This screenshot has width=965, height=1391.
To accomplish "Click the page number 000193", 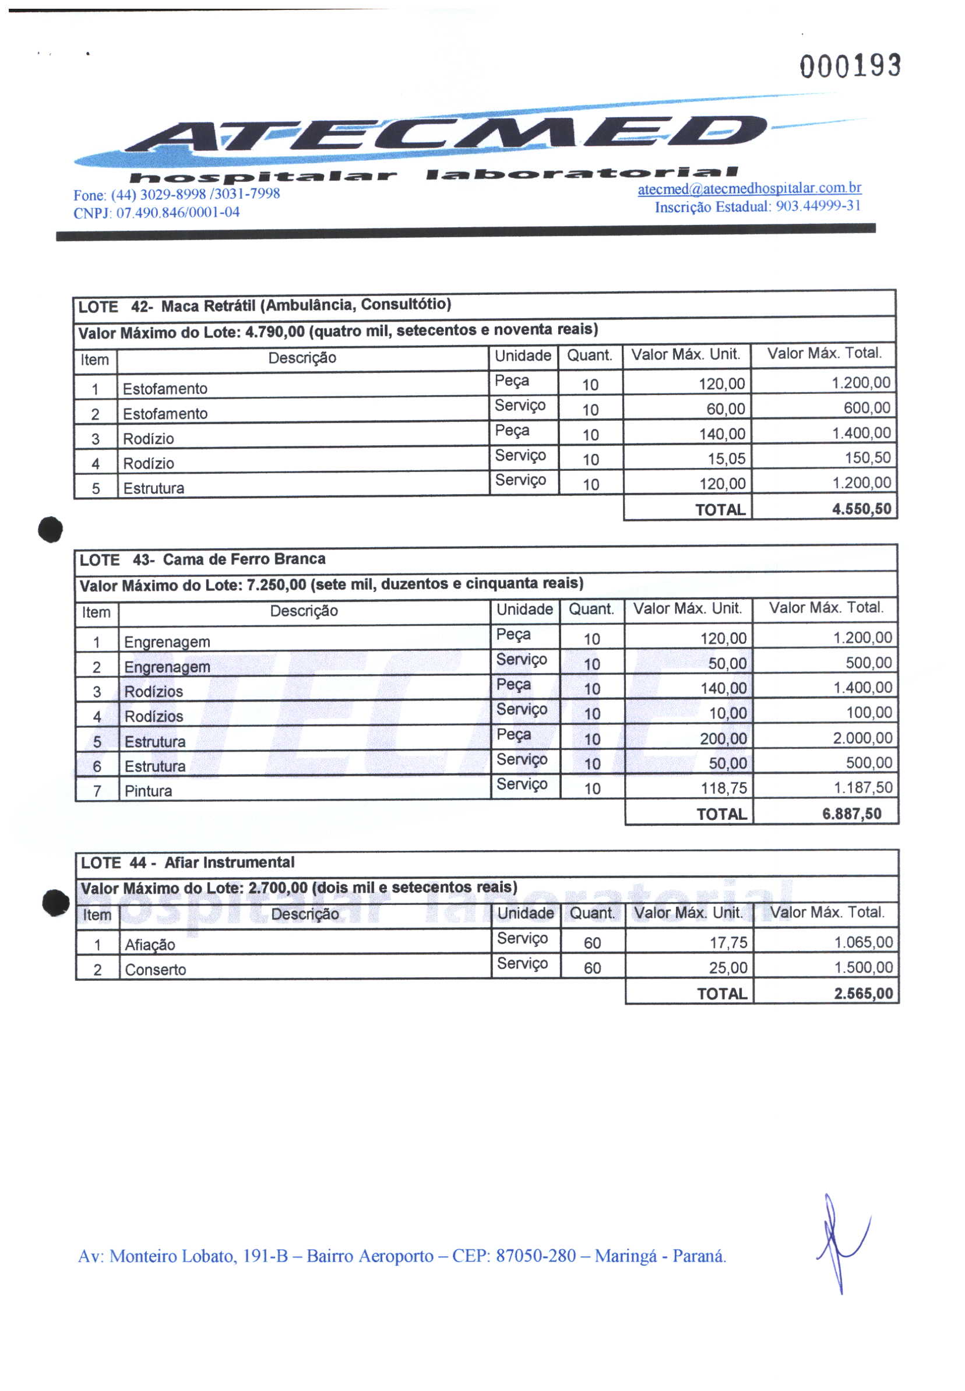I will point(850,66).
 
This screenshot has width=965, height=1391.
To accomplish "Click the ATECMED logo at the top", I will point(448,134).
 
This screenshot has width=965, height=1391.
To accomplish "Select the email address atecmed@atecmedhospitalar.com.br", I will point(749,189).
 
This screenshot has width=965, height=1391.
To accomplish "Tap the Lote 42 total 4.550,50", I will point(861,509).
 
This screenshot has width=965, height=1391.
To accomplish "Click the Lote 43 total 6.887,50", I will point(851,814).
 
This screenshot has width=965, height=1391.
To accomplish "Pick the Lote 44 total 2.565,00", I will point(863,993).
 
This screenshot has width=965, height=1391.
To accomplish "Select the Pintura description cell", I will point(148,791).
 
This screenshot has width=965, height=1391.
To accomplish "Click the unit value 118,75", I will point(724,788).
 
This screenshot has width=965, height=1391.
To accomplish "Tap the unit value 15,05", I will point(726,459).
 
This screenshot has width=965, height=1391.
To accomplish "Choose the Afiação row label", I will point(150,944).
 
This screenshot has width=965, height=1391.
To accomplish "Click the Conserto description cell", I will point(156,969).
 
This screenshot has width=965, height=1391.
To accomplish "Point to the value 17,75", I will point(728,942).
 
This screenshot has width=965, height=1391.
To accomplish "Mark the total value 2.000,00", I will point(862,738).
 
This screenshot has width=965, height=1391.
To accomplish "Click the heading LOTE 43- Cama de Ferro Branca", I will point(203,559).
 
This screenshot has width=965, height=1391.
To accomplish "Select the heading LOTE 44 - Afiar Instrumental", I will point(188,862).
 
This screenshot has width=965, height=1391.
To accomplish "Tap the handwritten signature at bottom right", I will point(841,1238).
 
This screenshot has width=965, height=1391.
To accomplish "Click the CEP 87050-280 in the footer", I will point(535,1256).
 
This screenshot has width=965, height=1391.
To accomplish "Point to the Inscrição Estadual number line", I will point(757,207).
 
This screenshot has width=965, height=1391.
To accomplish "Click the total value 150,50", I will point(867,457).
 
